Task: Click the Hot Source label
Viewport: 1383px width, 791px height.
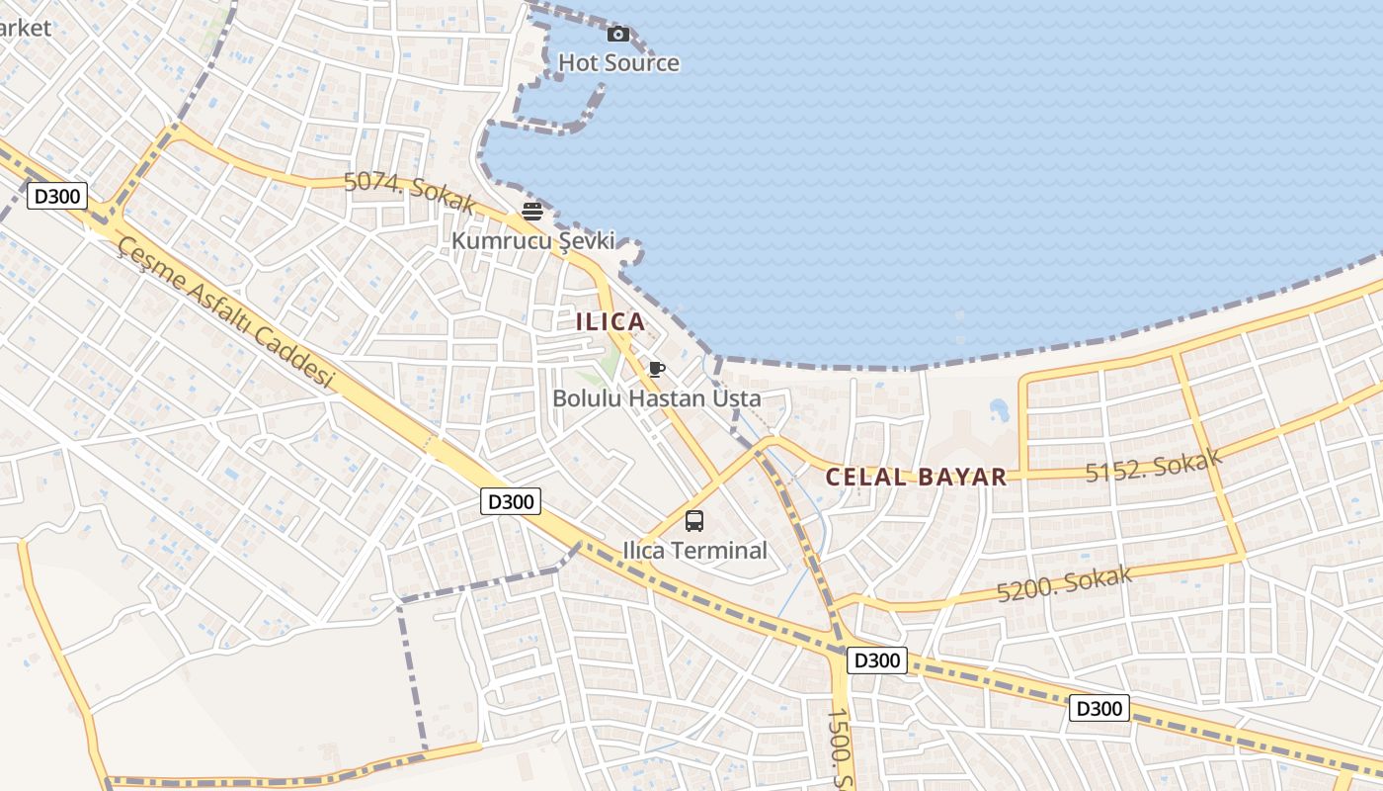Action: coord(618,63)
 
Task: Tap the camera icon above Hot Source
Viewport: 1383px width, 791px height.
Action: coord(618,35)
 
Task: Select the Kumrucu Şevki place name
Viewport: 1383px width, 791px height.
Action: coord(533,240)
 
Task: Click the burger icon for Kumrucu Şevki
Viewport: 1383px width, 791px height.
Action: coord(532,211)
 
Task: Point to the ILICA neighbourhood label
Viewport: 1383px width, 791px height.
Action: coord(610,321)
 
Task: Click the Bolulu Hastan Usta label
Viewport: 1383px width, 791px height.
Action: coord(657,398)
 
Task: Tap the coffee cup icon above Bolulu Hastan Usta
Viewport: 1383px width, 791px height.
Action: coord(656,370)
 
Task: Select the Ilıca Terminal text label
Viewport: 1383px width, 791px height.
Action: coord(695,551)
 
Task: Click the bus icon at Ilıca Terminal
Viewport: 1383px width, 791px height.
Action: coord(694,521)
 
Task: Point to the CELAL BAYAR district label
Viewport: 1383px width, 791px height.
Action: coord(916,477)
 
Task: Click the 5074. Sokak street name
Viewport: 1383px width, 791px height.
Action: coord(410,191)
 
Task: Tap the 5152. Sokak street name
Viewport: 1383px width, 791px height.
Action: coord(1154,465)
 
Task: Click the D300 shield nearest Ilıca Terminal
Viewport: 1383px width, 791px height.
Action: coord(512,502)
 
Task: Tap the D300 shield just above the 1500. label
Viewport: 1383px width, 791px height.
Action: coord(877,660)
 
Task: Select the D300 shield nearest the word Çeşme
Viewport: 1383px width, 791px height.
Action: coord(56,196)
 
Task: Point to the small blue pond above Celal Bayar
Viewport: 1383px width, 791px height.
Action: coord(999,408)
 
